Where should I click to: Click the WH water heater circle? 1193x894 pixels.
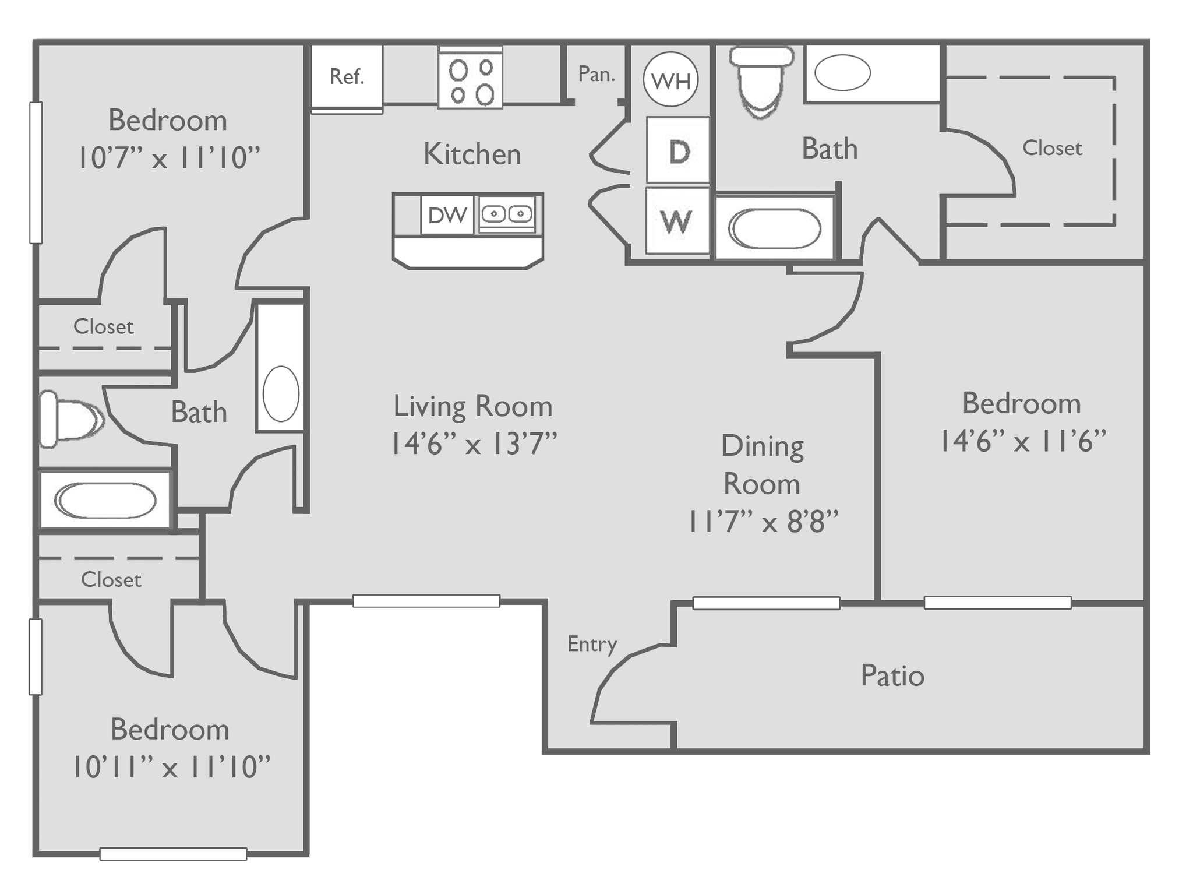pyautogui.click(x=670, y=80)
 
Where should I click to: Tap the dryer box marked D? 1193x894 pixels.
pyautogui.click(x=679, y=150)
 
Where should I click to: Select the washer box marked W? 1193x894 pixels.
pyautogui.click(x=677, y=221)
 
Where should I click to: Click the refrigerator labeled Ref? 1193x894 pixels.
pyautogui.click(x=347, y=76)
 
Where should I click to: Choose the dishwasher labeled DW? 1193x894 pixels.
pyautogui.click(x=447, y=215)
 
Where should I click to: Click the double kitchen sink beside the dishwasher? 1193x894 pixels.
pyautogui.click(x=506, y=214)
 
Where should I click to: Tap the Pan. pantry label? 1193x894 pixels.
pyautogui.click(x=596, y=74)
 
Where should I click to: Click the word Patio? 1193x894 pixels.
pyautogui.click(x=892, y=676)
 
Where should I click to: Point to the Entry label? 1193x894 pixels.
pyautogui.click(x=592, y=644)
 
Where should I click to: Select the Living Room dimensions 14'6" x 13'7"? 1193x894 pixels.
pyautogui.click(x=473, y=444)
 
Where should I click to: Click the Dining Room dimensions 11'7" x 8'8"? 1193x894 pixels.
pyautogui.click(x=763, y=522)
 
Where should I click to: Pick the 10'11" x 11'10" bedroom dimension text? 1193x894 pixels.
pyautogui.click(x=171, y=767)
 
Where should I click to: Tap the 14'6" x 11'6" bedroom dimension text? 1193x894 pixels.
pyautogui.click(x=1022, y=441)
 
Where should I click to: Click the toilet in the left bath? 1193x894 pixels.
pyautogui.click(x=70, y=419)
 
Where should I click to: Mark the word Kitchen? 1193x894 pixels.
pyautogui.click(x=472, y=154)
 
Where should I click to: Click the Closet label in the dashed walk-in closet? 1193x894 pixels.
pyautogui.click(x=1052, y=148)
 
